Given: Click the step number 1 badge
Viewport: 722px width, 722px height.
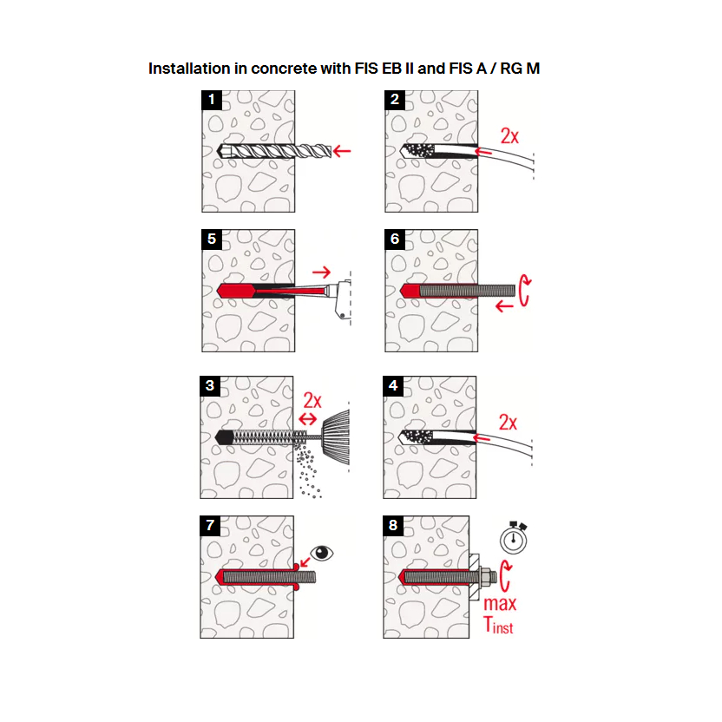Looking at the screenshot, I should tap(210, 99).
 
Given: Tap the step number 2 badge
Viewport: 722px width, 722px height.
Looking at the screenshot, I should tap(395, 99).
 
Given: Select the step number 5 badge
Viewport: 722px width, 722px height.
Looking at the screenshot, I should tap(210, 239).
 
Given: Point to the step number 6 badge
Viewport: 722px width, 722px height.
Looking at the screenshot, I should tap(395, 239).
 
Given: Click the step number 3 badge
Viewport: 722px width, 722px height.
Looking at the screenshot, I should tap(210, 385).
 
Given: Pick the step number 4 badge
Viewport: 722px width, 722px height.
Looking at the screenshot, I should tap(394, 385).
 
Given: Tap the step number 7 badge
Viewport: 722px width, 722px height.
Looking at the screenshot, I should tap(210, 526).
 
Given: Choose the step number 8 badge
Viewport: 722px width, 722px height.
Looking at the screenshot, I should tap(395, 526).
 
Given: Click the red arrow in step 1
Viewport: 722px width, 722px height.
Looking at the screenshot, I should tap(342, 151).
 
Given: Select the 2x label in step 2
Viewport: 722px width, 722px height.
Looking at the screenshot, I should tap(509, 135).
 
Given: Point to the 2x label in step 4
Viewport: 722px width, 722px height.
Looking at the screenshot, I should tap(508, 423).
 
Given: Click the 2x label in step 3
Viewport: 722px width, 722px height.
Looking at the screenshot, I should tap(312, 400).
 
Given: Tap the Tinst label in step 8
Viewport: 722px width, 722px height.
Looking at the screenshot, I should tap(498, 624).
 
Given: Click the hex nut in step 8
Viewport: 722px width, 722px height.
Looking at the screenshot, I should tap(483, 576).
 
